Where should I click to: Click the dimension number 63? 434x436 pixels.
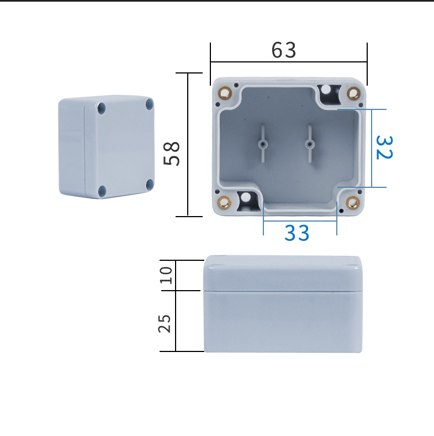(283, 50)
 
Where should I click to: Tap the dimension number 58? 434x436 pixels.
(171, 154)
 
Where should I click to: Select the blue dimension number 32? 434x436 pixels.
(384, 148)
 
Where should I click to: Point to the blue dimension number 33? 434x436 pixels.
(297, 233)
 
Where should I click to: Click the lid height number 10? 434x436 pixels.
(166, 275)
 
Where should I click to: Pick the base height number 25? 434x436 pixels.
(165, 324)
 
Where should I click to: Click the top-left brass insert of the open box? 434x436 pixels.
(225, 92)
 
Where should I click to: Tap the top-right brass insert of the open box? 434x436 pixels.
(353, 93)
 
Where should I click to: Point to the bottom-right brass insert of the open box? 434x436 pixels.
(353, 202)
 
